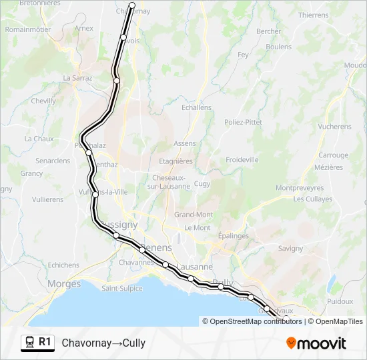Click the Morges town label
click(64, 284)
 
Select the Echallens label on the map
click(196, 107)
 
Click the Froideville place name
click(242, 160)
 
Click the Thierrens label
click(314, 15)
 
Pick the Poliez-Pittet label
click(243, 123)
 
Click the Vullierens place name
click(47, 199)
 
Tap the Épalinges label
click(234, 236)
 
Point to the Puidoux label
click(340, 301)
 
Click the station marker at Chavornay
click(131, 5)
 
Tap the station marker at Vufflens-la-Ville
click(96, 194)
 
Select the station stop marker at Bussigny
click(116, 235)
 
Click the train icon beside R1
click(29, 343)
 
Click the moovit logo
click(316, 343)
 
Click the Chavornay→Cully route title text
click(103, 343)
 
